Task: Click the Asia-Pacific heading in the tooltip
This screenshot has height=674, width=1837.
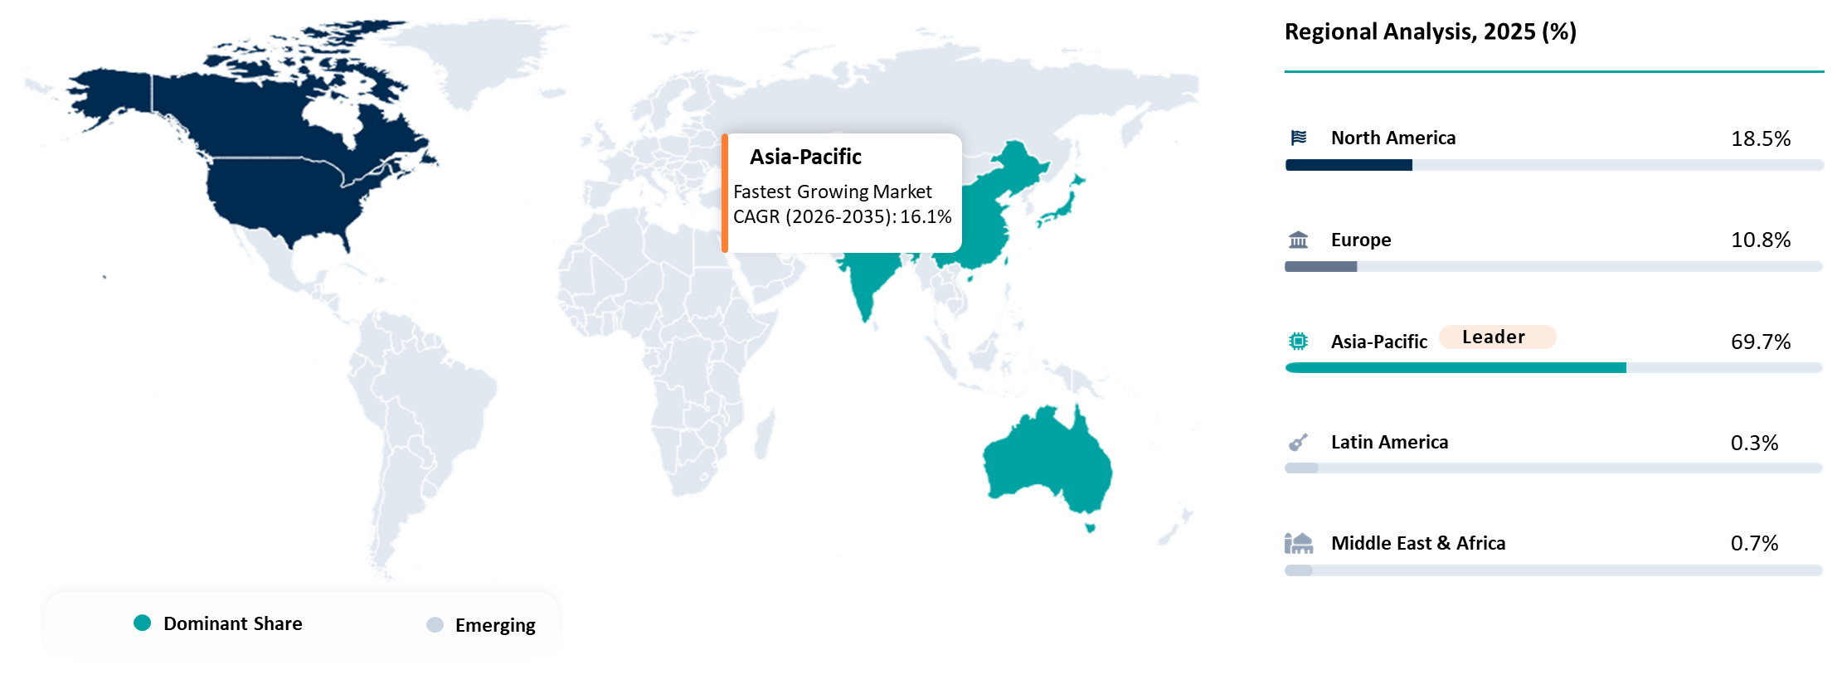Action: tap(805, 157)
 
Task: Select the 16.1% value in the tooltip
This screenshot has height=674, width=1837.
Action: tap(926, 217)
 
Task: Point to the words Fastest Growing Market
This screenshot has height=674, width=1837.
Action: tap(832, 192)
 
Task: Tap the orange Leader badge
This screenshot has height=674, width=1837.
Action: tap(1497, 337)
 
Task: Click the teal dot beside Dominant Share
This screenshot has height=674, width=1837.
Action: tap(143, 623)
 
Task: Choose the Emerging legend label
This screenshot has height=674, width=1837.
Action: tap(495, 625)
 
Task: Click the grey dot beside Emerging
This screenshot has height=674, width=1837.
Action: tap(435, 625)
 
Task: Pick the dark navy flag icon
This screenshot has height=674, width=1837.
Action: tap(1299, 138)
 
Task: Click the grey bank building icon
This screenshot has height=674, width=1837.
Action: tap(1298, 240)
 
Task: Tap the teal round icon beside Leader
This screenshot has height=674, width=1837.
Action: tap(1298, 341)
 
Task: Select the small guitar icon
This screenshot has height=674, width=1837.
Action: tap(1298, 442)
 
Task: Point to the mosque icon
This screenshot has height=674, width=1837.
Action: tap(1299, 543)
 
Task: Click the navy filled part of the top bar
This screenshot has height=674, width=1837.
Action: tap(1349, 165)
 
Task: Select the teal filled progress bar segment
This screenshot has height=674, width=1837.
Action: tap(1456, 367)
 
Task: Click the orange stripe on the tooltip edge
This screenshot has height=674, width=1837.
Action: tap(725, 192)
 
